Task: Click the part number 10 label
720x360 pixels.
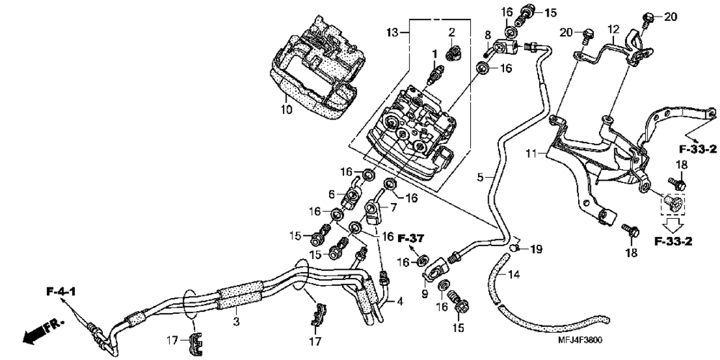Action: [285, 109]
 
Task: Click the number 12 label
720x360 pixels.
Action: [613, 30]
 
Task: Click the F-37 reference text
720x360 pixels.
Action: [413, 238]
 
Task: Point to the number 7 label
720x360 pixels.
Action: [395, 207]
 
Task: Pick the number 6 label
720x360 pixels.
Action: [333, 194]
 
